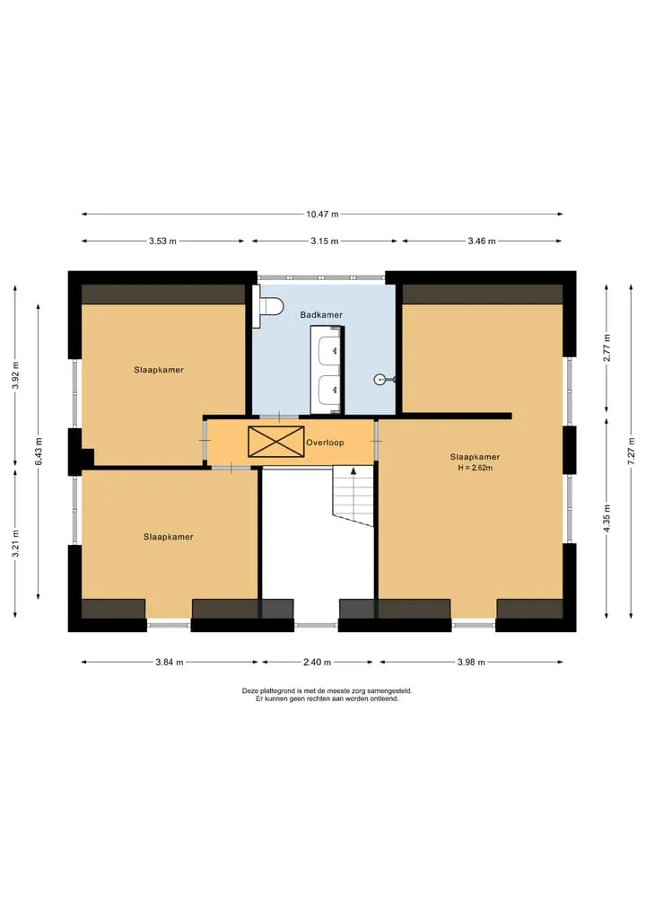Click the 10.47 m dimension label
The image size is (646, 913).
pyautogui.click(x=322, y=215)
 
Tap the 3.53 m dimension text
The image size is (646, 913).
pyautogui.click(x=162, y=241)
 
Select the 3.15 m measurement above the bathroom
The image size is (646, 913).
pyautogui.click(x=324, y=241)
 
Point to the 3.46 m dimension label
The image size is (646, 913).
pyautogui.click(x=482, y=241)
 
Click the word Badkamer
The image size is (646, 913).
pyautogui.click(x=321, y=315)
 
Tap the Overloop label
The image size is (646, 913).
pyautogui.click(x=326, y=443)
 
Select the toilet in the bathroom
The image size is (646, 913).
pyautogui.click(x=267, y=306)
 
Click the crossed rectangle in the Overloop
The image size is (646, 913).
pyautogui.click(x=275, y=442)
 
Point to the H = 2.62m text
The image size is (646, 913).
pyautogui.click(x=475, y=468)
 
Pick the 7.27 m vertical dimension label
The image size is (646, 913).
pyautogui.click(x=632, y=452)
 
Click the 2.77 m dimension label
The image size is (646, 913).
pyautogui.click(x=607, y=348)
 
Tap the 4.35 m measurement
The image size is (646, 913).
pyautogui.click(x=607, y=518)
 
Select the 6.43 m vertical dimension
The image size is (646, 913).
pyautogui.click(x=39, y=452)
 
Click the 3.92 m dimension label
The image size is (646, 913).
pyautogui.click(x=16, y=376)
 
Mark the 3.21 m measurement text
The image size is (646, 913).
pyautogui.click(x=16, y=543)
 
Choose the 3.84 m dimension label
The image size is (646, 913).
pyautogui.click(x=170, y=662)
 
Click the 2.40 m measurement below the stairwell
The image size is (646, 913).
pyautogui.click(x=318, y=662)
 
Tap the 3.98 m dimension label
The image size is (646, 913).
pyautogui.click(x=471, y=662)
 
